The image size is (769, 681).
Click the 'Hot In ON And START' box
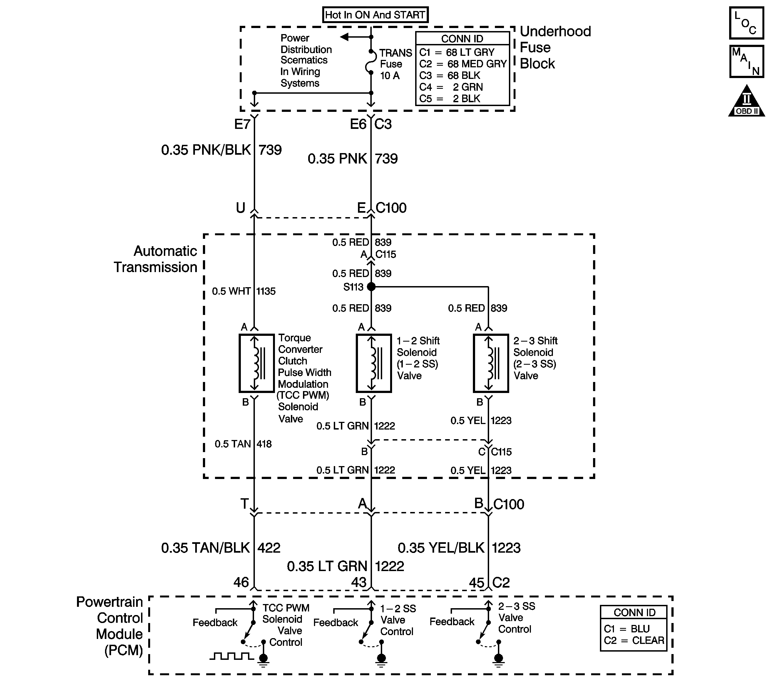point(375,15)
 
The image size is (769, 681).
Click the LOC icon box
point(746,23)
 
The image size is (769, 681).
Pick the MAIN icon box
point(746,61)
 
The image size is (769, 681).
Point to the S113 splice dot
point(371,287)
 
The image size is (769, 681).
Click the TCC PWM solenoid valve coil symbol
point(256,363)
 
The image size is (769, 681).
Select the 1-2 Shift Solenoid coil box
point(374,363)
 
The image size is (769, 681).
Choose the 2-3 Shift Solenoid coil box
point(490,363)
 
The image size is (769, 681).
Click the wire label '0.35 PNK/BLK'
point(206,150)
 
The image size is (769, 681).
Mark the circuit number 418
point(264,444)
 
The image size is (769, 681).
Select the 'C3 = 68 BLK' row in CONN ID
point(450,75)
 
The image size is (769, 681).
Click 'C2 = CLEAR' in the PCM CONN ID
point(634,640)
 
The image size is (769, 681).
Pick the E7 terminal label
point(242,124)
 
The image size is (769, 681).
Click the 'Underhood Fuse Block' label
point(555,47)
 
